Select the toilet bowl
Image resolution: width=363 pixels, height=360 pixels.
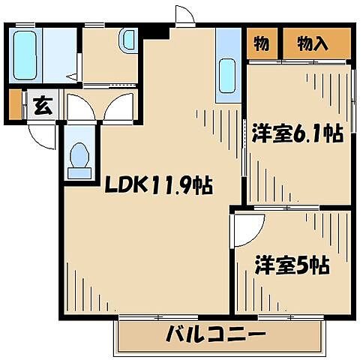point(78,158)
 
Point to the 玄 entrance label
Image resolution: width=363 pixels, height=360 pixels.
point(43,106)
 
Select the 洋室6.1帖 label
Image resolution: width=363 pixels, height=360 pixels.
point(298,134)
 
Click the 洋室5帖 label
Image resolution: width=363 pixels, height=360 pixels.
point(292,264)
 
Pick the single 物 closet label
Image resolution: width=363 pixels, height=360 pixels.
point(261,43)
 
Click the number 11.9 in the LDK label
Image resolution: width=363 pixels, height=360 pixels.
point(172,184)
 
